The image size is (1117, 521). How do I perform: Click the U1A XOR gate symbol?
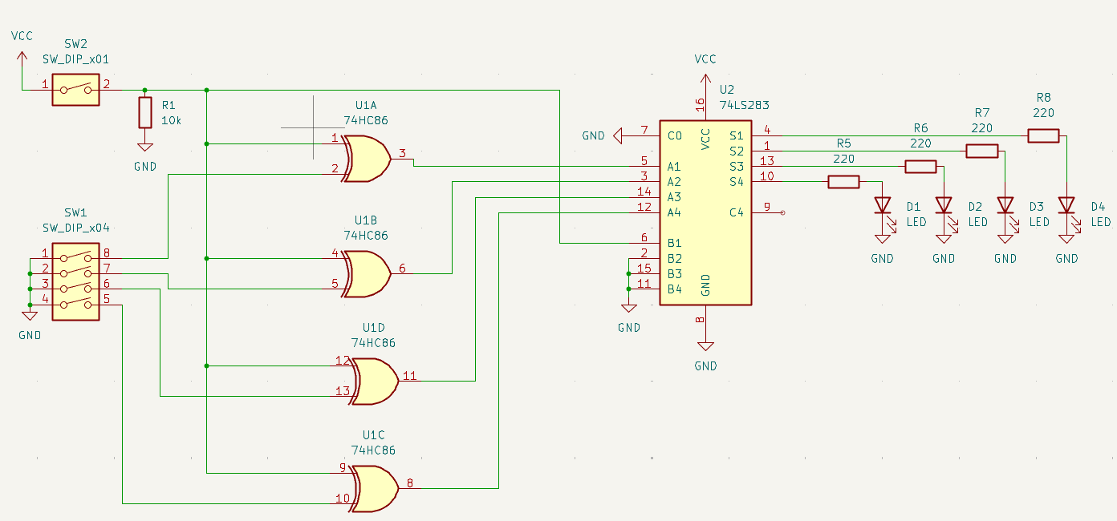click(x=368, y=158)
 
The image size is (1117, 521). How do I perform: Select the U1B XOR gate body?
click(x=368, y=273)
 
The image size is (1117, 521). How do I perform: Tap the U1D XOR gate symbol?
click(x=375, y=380)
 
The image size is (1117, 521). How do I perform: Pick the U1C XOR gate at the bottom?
click(x=375, y=488)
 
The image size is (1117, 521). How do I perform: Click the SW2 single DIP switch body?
click(x=75, y=90)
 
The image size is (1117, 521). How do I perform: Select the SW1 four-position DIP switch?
click(x=75, y=282)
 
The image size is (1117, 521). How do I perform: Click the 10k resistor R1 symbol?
click(x=144, y=112)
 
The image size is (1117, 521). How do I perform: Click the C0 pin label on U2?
click(x=674, y=135)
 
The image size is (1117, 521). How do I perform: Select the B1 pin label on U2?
click(x=674, y=243)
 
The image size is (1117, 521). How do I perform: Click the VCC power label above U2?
click(x=705, y=59)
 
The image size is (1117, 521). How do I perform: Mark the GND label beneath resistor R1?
click(x=145, y=167)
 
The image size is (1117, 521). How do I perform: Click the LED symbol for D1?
click(x=883, y=205)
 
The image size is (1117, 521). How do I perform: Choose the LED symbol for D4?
click(x=1066, y=205)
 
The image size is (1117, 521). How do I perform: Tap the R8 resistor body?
click(x=1043, y=135)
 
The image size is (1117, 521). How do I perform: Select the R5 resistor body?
click(x=843, y=182)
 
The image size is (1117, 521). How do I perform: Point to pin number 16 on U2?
click(x=701, y=104)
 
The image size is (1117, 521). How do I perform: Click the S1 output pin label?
click(x=736, y=135)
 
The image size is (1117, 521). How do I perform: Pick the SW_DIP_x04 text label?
click(x=75, y=228)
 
